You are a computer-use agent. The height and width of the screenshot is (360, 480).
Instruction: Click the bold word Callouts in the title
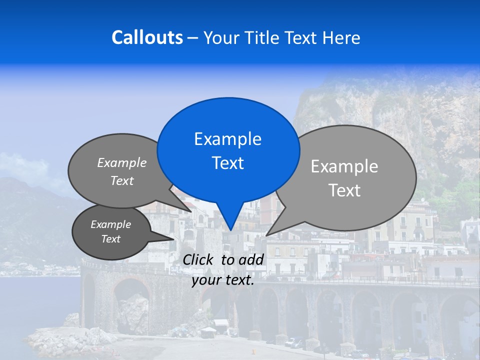(147, 37)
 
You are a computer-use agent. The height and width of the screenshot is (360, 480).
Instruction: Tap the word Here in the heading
(341, 37)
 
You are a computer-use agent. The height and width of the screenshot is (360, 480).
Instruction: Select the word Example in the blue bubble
(227, 139)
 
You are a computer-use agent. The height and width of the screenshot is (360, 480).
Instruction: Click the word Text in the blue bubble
(227, 163)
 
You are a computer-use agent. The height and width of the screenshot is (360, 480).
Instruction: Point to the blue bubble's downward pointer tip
(230, 230)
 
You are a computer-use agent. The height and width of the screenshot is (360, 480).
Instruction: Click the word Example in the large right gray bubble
(344, 166)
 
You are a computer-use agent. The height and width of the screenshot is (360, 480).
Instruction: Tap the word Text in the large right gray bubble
(344, 190)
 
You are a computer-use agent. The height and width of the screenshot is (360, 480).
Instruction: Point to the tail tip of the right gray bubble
(267, 235)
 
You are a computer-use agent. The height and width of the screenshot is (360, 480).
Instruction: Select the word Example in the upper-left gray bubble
(122, 162)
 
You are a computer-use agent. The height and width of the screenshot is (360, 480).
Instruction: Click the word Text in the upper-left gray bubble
(122, 180)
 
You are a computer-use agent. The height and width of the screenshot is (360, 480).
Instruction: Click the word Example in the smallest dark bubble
(110, 224)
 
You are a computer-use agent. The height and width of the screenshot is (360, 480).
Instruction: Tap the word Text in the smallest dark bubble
(110, 239)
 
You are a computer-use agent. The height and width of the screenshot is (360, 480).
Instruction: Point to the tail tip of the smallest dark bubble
(173, 239)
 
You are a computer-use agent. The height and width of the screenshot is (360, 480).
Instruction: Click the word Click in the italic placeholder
(198, 259)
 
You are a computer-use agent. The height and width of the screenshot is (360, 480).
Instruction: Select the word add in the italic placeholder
(251, 259)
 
